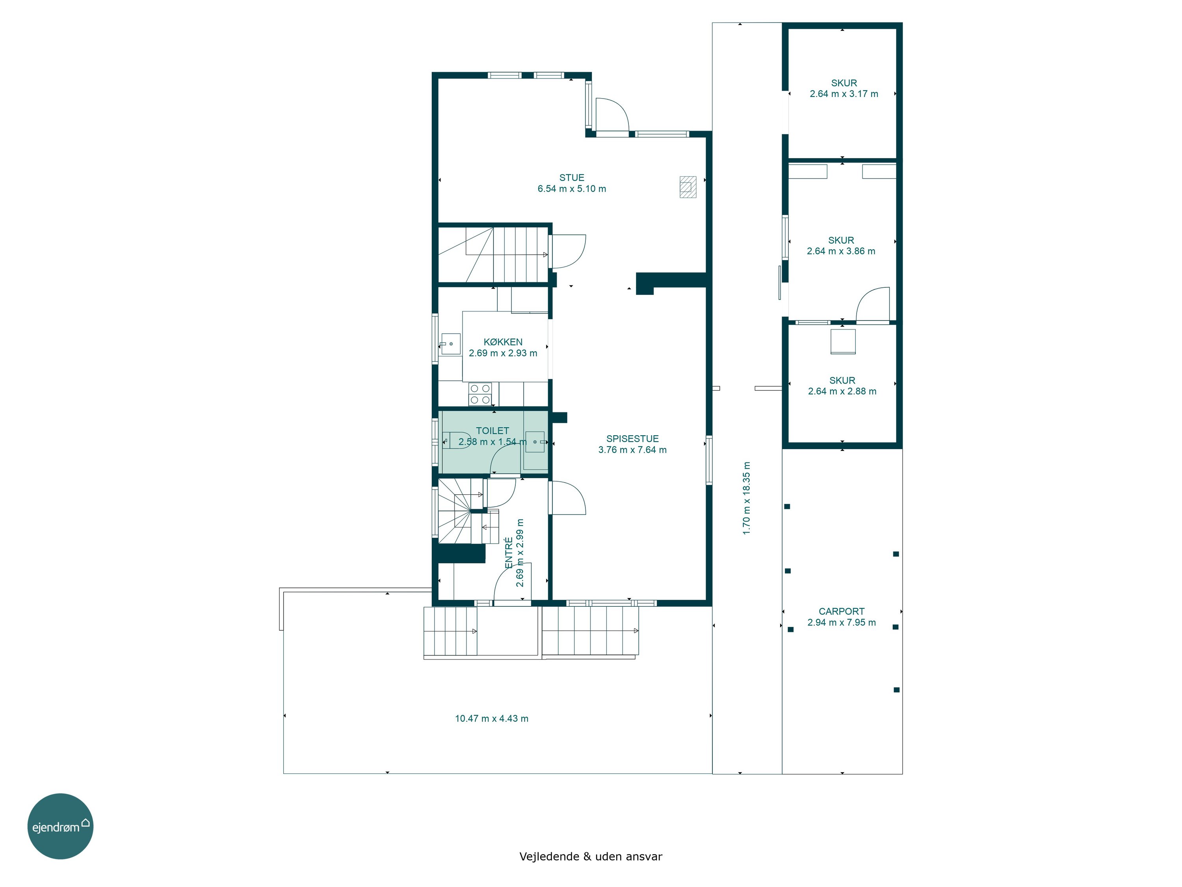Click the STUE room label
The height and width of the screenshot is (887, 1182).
pyautogui.click(x=572, y=177)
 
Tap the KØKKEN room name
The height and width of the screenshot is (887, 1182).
pyautogui.click(x=503, y=342)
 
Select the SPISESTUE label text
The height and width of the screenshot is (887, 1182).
pyautogui.click(x=632, y=439)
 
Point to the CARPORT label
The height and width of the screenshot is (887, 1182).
pyautogui.click(x=842, y=611)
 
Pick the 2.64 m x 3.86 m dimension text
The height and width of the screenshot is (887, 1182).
pyautogui.click(x=841, y=251)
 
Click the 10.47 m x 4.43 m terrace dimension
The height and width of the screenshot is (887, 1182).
pyautogui.click(x=492, y=719)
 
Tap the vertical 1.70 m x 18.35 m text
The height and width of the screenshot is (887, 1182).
pyautogui.click(x=747, y=498)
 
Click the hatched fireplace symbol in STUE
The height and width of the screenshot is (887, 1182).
pyautogui.click(x=688, y=186)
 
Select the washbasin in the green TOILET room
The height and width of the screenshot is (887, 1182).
pyautogui.click(x=535, y=442)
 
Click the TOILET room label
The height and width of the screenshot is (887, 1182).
pyautogui.click(x=492, y=431)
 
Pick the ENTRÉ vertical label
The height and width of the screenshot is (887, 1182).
pyautogui.click(x=509, y=553)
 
